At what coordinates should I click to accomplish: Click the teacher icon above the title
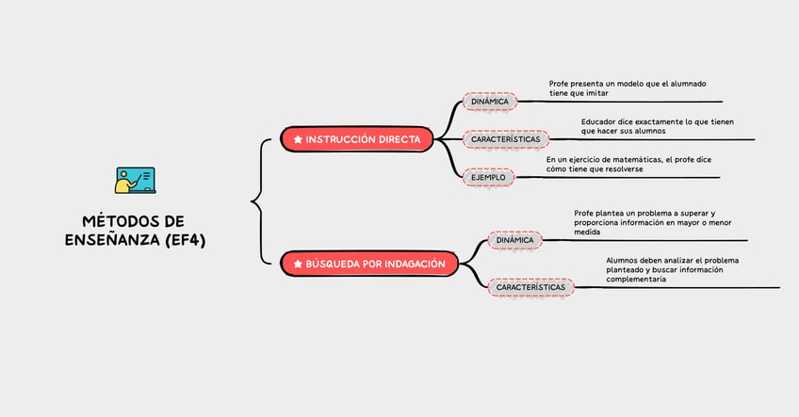tap(135, 180)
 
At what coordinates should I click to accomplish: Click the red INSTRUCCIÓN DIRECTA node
tap(357, 138)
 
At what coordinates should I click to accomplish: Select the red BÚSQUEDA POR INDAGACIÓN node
tap(369, 264)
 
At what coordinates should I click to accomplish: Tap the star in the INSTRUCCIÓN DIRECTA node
tap(298, 139)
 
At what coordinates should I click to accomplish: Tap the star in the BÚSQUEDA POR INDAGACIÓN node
tap(298, 265)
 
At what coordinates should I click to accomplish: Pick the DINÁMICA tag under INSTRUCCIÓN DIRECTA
tap(490, 102)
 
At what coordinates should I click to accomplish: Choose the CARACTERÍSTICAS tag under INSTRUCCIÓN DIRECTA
tap(505, 139)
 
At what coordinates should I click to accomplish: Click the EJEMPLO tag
tap(488, 177)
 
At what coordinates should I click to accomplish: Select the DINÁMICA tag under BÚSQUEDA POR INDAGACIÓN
tap(514, 240)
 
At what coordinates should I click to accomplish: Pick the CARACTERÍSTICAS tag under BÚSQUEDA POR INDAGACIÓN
tap(530, 287)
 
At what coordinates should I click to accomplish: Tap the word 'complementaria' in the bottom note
tap(636, 280)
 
